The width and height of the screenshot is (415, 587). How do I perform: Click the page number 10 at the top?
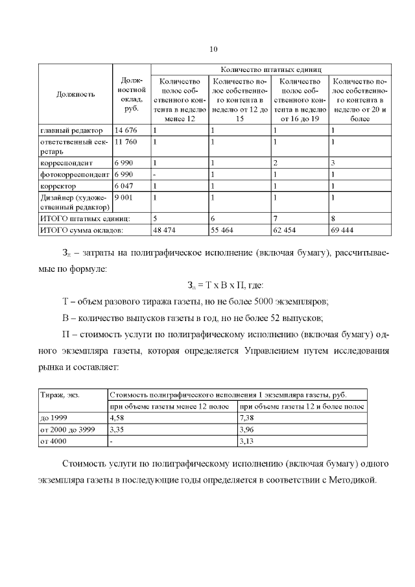click(214, 49)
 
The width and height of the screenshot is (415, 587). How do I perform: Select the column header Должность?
click(75, 94)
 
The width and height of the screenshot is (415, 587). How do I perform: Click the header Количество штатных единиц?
click(271, 69)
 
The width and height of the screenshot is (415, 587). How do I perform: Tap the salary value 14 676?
click(126, 131)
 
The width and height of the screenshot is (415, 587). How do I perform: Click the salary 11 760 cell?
click(126, 141)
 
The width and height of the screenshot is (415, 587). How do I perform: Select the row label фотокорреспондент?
click(73, 174)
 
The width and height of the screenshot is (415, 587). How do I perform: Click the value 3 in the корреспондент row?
click(333, 163)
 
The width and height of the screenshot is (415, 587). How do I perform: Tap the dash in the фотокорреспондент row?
click(154, 174)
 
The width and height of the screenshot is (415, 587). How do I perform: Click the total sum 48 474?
click(165, 230)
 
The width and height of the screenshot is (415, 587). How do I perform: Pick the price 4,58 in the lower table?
click(117, 418)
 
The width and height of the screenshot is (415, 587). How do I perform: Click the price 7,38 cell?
click(247, 418)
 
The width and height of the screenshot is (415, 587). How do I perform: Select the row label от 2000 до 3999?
click(67, 429)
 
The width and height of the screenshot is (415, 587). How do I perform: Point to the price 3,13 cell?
click(247, 441)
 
